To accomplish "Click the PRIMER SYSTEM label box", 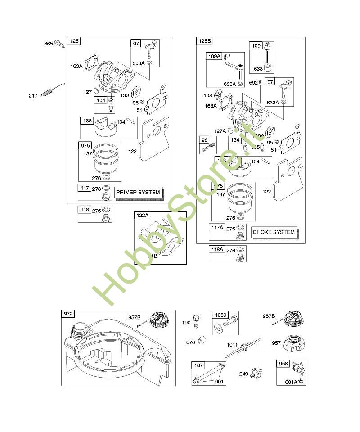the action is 138,192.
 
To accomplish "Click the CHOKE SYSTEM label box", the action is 274,232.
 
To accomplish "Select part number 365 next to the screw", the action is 49,44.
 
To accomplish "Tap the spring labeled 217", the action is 47,93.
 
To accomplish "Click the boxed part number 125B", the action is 204,41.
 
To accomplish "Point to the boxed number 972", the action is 68,314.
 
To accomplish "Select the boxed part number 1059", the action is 220,315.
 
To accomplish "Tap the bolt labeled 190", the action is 196,320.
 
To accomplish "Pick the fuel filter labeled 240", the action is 256,373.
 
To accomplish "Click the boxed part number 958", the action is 283,364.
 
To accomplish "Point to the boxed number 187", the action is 198,365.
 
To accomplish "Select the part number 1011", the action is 232,345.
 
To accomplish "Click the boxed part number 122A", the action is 142,216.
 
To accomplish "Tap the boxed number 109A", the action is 214,56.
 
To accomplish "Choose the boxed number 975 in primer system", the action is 85,146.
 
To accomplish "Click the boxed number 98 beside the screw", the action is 204,140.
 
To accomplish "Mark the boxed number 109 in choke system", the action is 256,45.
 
